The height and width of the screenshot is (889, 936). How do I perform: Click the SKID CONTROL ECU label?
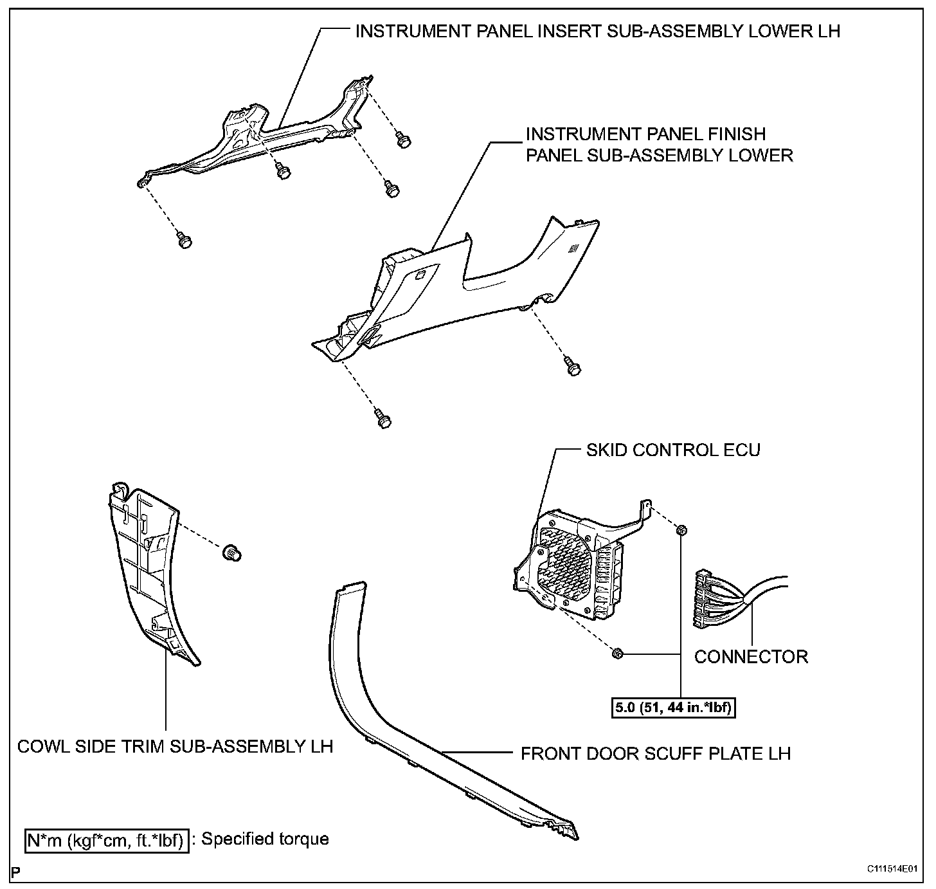672,449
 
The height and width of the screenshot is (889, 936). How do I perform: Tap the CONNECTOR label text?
751,657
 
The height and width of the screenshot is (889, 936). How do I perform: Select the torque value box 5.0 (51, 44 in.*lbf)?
672,709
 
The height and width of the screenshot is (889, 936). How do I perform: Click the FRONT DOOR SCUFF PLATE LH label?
656,753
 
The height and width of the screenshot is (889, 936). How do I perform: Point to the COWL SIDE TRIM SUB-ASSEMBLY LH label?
175,746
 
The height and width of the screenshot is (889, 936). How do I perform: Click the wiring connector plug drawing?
714,598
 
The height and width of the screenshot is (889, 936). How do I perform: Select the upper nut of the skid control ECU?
681,529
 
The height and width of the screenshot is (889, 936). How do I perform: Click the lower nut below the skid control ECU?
616,654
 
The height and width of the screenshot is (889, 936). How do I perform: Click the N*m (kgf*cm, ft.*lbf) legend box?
107,839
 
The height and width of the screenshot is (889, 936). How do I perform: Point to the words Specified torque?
265,839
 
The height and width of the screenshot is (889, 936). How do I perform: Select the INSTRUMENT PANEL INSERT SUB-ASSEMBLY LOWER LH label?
597,31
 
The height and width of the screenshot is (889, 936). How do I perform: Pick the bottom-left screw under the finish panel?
384,419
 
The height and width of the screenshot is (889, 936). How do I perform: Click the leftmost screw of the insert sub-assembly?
184,241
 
